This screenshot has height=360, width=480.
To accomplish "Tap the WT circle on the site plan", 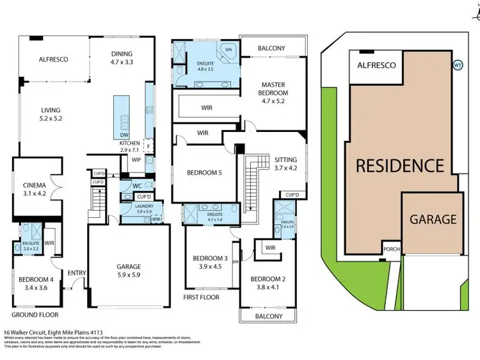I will (x=457, y=65).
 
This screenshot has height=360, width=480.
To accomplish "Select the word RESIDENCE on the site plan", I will (x=399, y=166).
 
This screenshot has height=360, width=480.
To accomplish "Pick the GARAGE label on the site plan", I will (x=433, y=219).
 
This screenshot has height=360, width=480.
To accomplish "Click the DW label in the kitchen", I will (x=124, y=135).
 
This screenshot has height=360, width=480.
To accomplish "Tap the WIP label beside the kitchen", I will (x=136, y=160).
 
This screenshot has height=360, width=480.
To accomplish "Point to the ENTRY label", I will (x=77, y=273).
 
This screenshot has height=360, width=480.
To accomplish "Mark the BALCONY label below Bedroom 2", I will (x=269, y=316).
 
